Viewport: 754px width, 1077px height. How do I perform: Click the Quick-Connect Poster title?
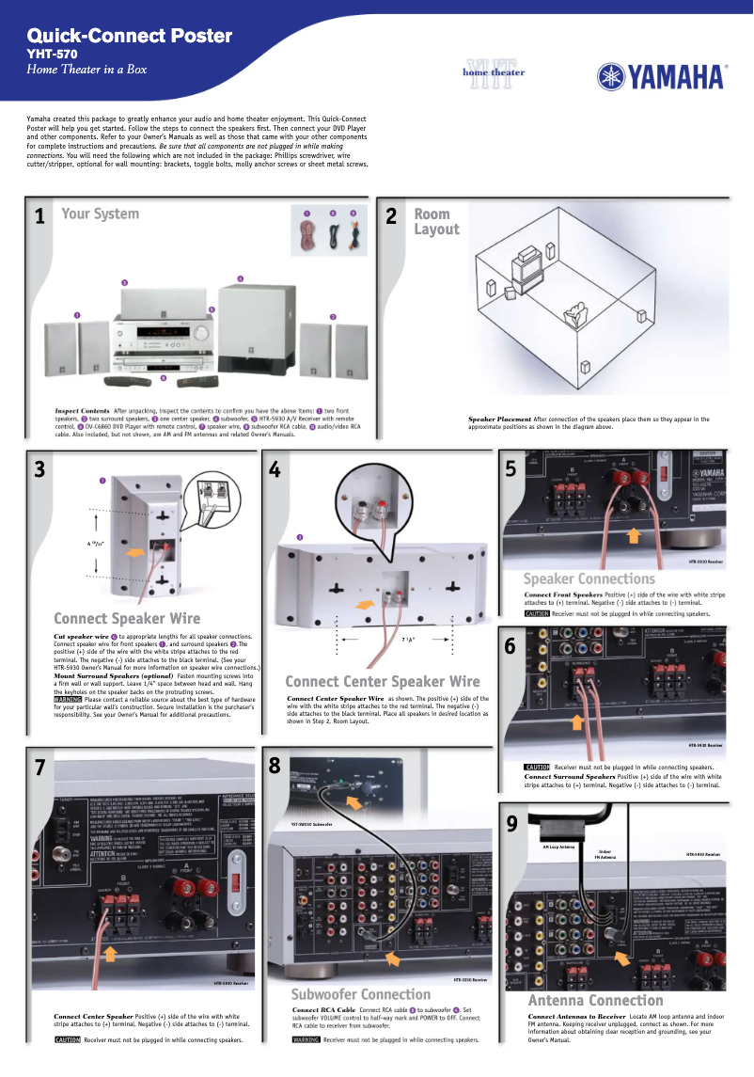[x=130, y=36]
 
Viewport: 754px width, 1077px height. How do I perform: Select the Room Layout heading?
[x=436, y=222]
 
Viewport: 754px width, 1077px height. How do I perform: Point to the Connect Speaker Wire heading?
[x=127, y=618]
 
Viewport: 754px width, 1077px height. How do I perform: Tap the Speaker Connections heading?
[x=589, y=578]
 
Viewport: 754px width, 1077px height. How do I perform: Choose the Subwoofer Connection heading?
[x=361, y=994]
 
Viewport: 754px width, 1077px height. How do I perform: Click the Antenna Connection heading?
[x=595, y=1000]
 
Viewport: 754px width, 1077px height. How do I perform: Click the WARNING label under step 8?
[x=306, y=1040]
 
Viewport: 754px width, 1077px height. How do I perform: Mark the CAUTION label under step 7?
[x=68, y=1040]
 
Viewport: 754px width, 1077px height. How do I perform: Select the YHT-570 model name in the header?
[x=52, y=55]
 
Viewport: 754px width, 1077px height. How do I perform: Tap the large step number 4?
[x=275, y=470]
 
